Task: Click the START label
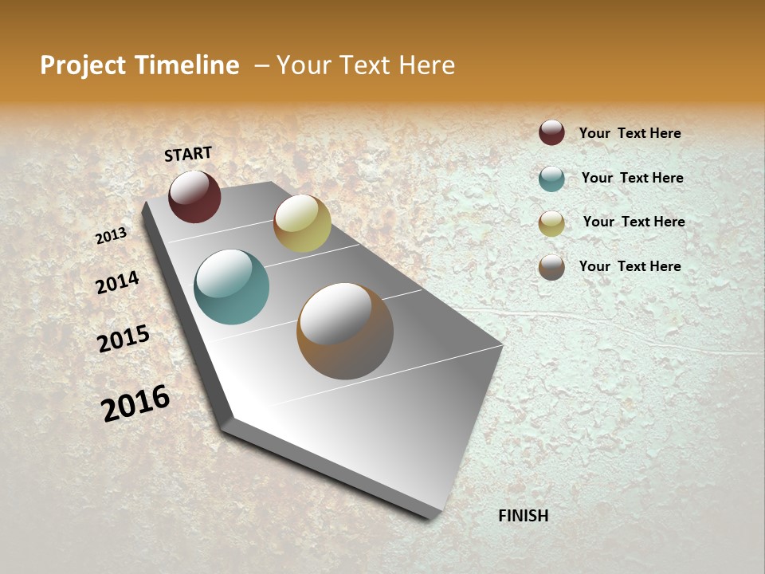[x=188, y=154]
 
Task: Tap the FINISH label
[x=523, y=516]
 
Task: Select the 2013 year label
[x=112, y=235]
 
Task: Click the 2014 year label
[x=118, y=282]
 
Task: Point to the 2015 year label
[x=124, y=339]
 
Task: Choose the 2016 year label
[x=135, y=403]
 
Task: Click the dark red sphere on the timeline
[x=194, y=197]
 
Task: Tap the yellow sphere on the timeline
[x=302, y=223]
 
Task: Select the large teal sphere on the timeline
[x=232, y=287]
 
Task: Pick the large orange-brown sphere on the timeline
[x=345, y=331]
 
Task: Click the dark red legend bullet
[x=551, y=133]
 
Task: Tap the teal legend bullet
[x=551, y=179]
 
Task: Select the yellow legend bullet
[x=551, y=223]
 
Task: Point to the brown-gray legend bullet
[x=551, y=267]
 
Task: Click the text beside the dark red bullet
[x=630, y=134]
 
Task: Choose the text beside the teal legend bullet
[x=632, y=178]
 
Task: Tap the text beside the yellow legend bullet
[x=634, y=222]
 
